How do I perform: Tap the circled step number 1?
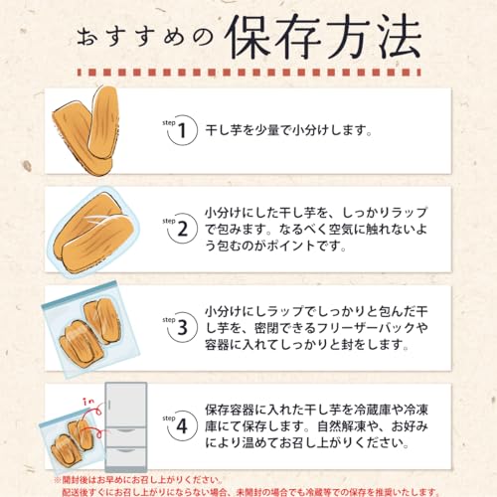coord(182,129)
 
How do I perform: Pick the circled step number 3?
coord(182,327)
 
